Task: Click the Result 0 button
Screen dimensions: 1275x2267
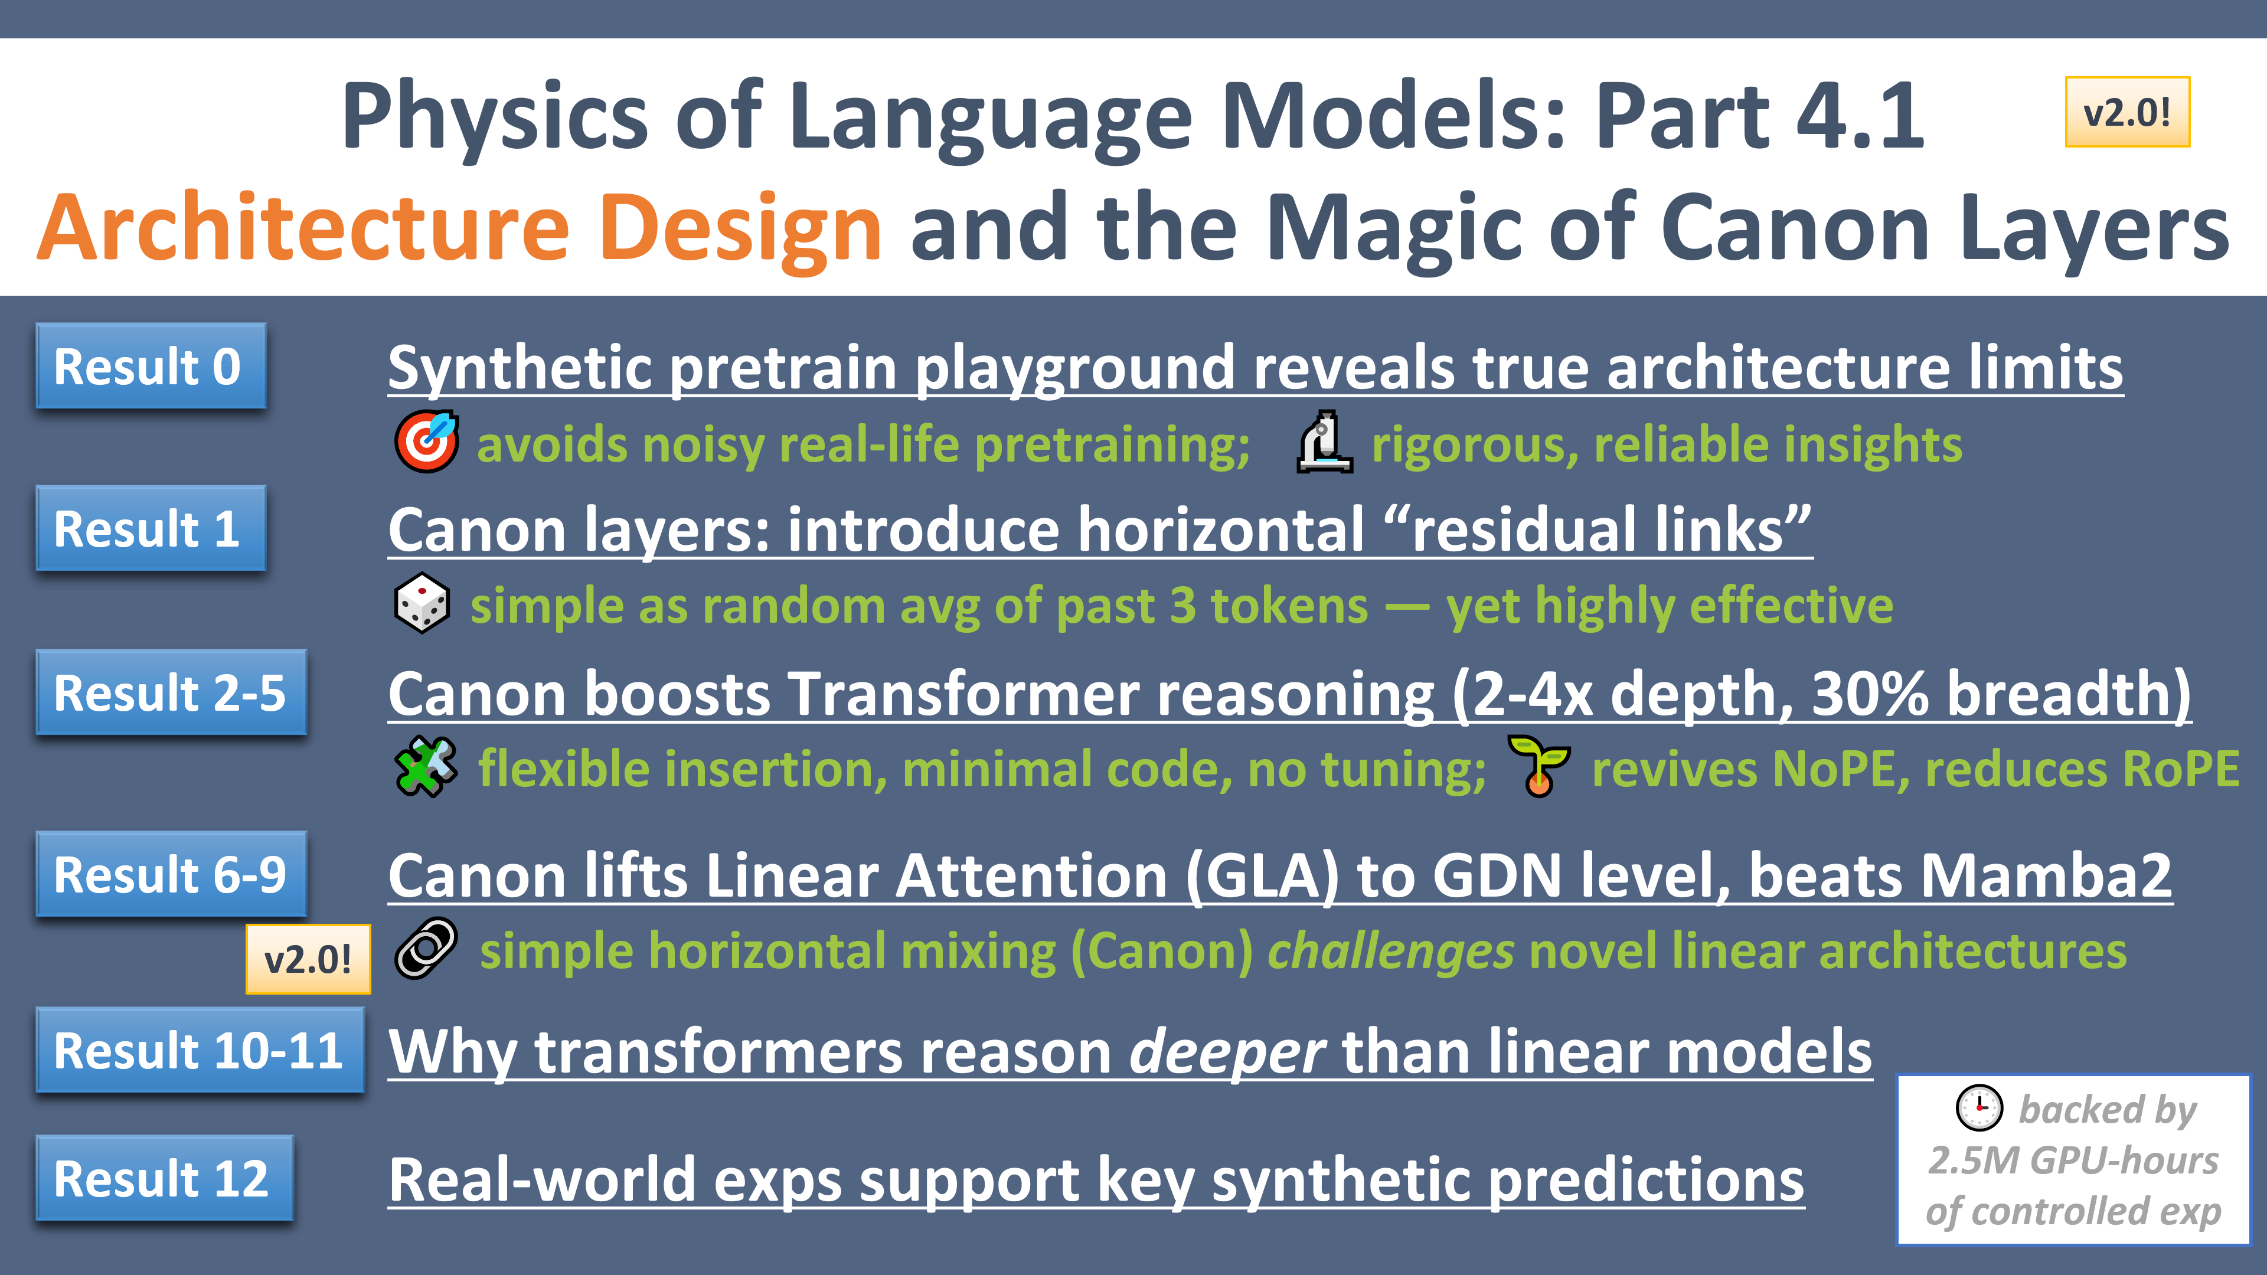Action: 151,366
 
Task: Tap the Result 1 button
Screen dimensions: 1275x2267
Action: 151,529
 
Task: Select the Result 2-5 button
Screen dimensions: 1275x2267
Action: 171,692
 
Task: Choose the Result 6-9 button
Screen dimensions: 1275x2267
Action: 171,875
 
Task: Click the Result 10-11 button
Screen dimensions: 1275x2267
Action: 200,1051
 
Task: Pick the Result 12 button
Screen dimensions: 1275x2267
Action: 164,1178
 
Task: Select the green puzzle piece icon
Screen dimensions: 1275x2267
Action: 426,766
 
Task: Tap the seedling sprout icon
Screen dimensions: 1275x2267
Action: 1537,766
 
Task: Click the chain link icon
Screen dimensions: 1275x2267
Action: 426,949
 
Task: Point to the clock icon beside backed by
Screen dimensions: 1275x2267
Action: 1978,1108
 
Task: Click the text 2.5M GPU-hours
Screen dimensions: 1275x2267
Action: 2073,1160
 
